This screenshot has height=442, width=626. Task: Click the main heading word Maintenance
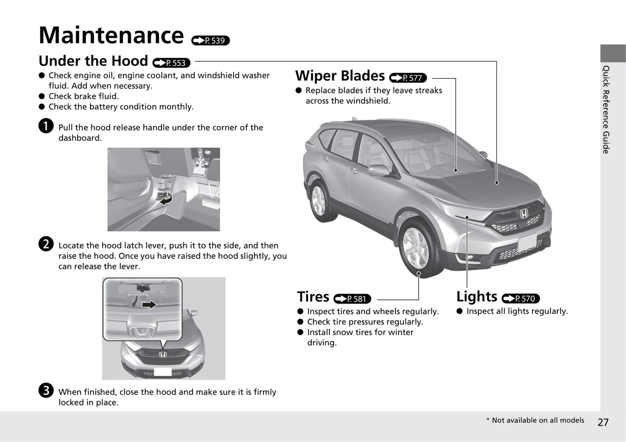click(x=111, y=36)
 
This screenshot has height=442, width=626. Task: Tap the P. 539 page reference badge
click(x=211, y=41)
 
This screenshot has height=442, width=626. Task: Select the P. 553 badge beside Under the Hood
click(x=172, y=63)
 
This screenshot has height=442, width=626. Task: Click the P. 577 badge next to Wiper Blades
click(x=408, y=78)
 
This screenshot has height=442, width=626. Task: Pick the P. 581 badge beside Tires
click(x=352, y=299)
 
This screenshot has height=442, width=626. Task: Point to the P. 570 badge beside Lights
click(x=520, y=299)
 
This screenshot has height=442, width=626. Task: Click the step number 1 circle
click(x=46, y=126)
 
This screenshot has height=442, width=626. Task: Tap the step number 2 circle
click(x=46, y=244)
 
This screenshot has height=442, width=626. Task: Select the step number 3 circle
click(x=46, y=390)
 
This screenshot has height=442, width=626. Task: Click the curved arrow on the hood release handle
click(x=166, y=200)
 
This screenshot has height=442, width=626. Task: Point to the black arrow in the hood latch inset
click(x=149, y=304)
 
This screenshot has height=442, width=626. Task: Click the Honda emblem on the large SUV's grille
click(x=524, y=213)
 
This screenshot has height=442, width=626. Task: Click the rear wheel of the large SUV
click(x=318, y=200)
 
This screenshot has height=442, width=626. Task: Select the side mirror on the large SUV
click(x=378, y=170)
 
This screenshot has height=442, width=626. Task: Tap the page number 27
click(x=603, y=422)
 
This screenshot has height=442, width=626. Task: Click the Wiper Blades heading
click(x=340, y=76)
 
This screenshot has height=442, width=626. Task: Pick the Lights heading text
click(x=477, y=297)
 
